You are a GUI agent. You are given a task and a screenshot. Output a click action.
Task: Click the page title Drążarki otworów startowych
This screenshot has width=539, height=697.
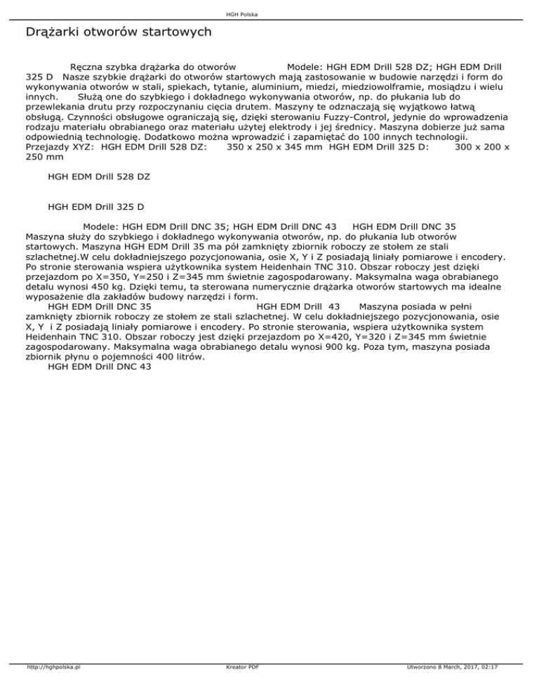pos(118,32)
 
